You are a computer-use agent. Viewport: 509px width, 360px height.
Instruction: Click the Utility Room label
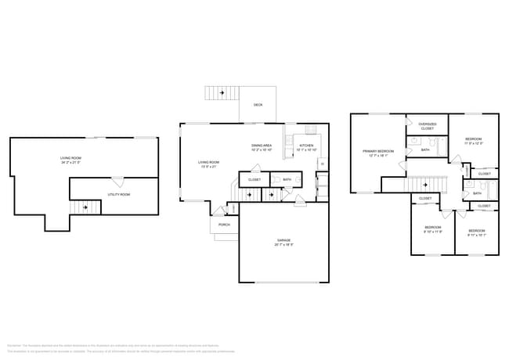coord(119,193)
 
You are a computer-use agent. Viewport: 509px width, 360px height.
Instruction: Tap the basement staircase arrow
coord(85,208)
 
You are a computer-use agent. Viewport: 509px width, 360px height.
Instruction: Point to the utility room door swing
coord(115,182)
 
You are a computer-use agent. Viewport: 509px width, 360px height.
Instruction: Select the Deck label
coord(258,104)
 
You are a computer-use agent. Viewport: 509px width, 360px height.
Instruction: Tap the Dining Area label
coord(262,147)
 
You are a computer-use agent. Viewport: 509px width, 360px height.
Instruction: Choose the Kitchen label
coord(305,147)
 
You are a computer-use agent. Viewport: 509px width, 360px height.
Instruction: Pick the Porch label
coord(224,225)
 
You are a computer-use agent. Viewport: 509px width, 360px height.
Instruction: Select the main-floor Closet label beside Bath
coord(254,179)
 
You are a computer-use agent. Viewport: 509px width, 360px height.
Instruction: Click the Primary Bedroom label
coord(377,153)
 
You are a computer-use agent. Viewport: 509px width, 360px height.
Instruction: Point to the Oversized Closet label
coord(427,126)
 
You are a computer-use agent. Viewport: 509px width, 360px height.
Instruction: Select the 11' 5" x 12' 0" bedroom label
coord(473,141)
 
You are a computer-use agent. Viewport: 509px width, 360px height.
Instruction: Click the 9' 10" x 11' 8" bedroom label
coord(433,230)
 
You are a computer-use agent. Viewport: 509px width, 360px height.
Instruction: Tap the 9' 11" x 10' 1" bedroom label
coord(476,232)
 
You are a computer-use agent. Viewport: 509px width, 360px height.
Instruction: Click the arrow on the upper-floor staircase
coord(425,185)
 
